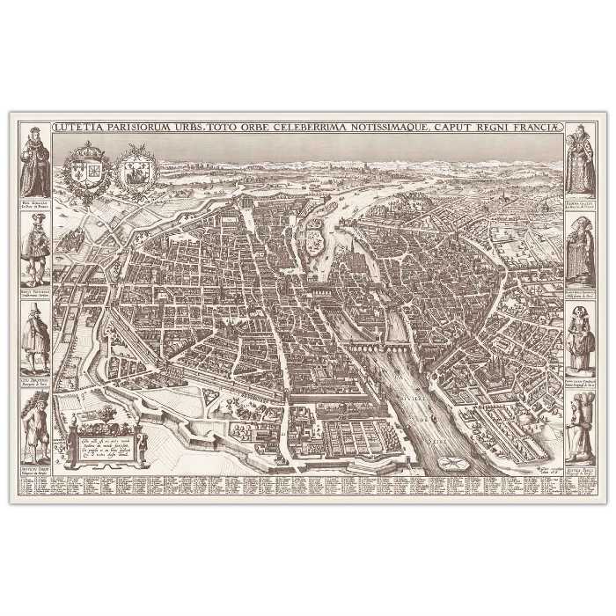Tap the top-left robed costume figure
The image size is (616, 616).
point(33,164)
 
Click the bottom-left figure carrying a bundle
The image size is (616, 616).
point(34,417)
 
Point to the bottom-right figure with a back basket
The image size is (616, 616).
point(581,417)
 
